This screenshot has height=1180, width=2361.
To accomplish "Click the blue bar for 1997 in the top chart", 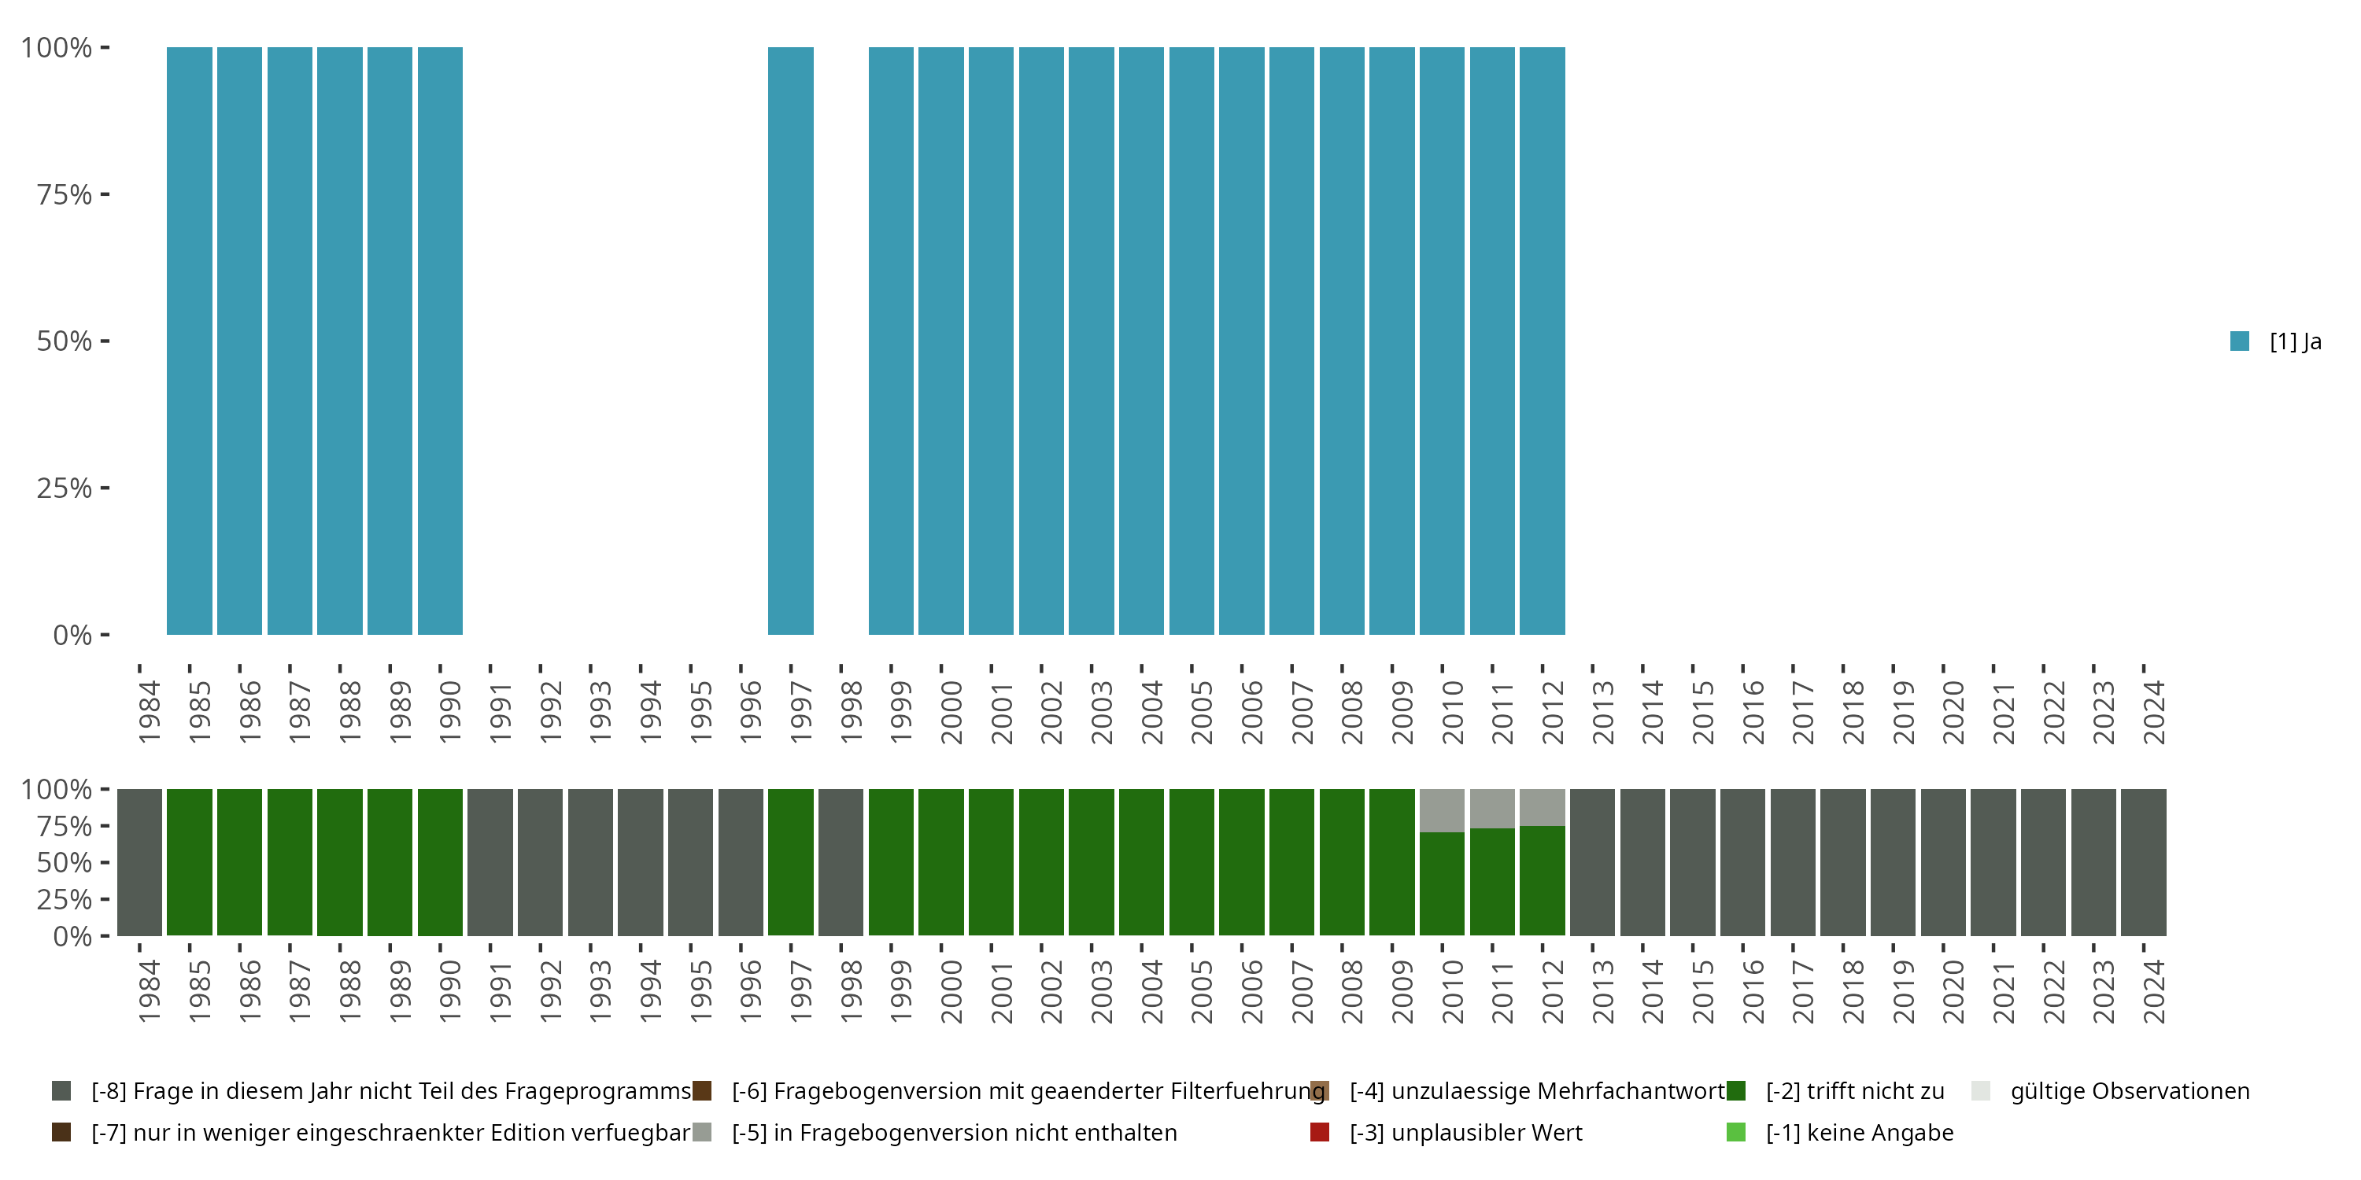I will click(790, 341).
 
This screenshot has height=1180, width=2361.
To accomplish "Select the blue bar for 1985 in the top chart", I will click(190, 341).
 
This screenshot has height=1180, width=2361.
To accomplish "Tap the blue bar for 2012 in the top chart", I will click(1542, 341).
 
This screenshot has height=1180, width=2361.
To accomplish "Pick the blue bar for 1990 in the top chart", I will click(440, 341).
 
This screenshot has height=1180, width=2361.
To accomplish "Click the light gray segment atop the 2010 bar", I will click(1442, 811).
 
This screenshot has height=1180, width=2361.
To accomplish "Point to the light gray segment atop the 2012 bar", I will click(1542, 807).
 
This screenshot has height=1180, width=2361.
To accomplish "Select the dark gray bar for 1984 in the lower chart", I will click(139, 862).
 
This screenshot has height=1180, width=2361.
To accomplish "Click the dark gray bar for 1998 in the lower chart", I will click(841, 862).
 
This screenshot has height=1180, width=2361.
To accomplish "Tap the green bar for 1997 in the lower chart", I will click(790, 862).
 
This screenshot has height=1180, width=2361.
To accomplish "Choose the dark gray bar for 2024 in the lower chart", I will click(2143, 862).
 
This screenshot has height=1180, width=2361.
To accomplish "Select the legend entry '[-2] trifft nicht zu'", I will click(1854, 1091).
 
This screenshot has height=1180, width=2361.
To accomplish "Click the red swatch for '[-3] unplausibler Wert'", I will click(1320, 1132).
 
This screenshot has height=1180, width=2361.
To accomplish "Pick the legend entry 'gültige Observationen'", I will click(2128, 1091).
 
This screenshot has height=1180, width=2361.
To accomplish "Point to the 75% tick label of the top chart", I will click(65, 194).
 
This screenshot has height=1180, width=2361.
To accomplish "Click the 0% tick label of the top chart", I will click(72, 635).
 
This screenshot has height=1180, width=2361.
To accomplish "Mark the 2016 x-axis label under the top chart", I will click(1753, 712).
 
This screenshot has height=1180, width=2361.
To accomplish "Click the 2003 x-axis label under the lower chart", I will click(1101, 991).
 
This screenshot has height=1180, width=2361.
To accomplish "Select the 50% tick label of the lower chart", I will click(65, 862).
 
